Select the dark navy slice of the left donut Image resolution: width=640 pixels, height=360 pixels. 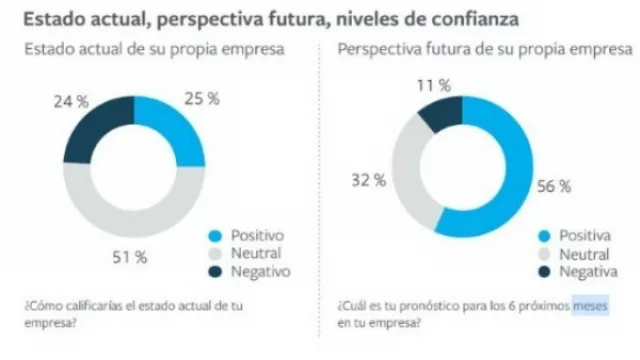pyautogui.click(x=91, y=129)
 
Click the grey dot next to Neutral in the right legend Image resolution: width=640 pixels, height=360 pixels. pyautogui.click(x=543, y=254)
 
